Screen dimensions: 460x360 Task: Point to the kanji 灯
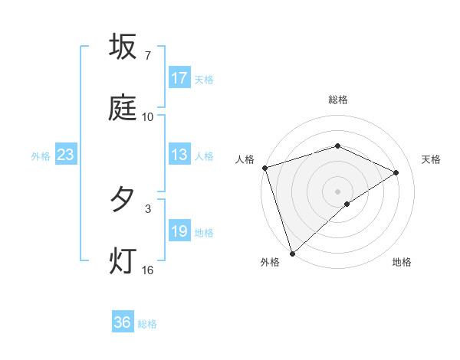click(123, 260)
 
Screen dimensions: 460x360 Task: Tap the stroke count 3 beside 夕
click(147, 208)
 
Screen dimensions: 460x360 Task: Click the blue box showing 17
click(179, 78)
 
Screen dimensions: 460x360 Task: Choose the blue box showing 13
click(179, 155)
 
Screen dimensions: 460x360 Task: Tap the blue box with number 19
click(179, 231)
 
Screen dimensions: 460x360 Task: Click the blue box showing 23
click(66, 155)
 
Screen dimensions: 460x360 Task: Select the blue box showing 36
click(123, 322)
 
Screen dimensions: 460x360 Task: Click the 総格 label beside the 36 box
click(147, 324)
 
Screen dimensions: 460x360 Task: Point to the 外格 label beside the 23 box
click(41, 156)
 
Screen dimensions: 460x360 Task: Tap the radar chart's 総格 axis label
click(337, 100)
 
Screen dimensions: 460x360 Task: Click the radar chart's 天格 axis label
click(432, 159)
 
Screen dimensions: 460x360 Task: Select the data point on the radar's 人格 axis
click(264, 168)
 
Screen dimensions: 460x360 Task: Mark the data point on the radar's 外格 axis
click(292, 253)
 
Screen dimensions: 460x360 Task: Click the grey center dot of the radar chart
click(337, 191)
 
